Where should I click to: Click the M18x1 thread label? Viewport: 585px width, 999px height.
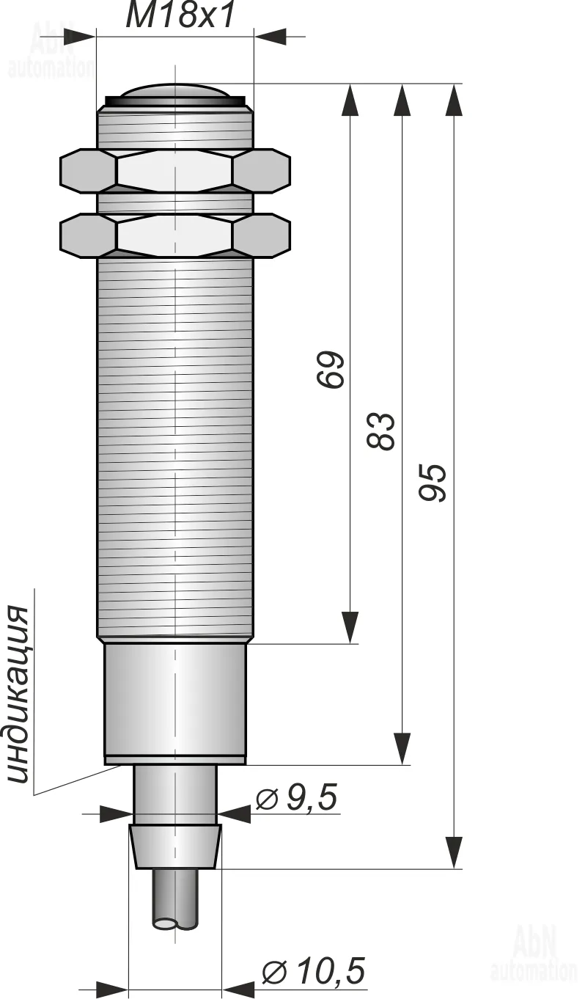(180, 16)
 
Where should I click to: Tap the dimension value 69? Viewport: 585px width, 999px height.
(331, 370)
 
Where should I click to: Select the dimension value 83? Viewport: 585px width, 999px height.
(380, 431)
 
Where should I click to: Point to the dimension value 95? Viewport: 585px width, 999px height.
(432, 483)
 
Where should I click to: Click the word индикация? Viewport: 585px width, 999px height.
(18, 693)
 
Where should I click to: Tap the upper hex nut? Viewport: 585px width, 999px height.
(174, 172)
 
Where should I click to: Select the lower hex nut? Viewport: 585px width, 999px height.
(174, 235)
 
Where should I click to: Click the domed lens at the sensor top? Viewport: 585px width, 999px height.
(174, 90)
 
